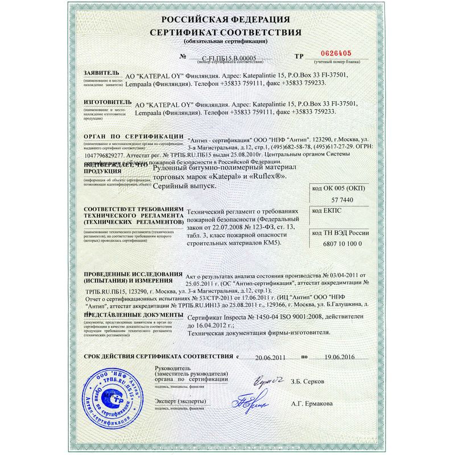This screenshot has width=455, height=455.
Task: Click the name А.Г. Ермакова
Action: point(312,404)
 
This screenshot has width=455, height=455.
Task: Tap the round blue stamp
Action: point(113,395)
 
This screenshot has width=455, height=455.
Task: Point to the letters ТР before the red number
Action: point(299,56)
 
